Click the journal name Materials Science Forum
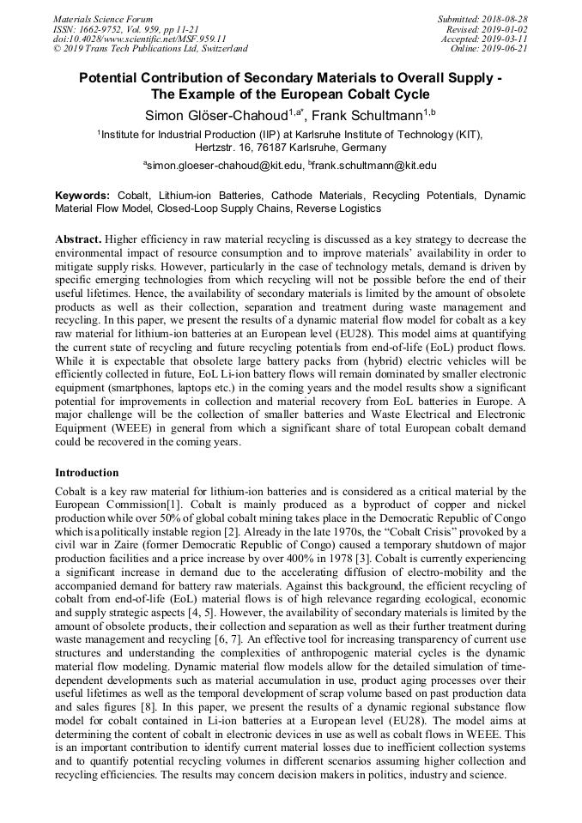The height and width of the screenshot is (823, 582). point(103,18)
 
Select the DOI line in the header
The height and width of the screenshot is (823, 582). point(139,39)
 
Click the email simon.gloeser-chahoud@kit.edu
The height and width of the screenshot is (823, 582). point(225,165)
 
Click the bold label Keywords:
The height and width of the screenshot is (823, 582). point(82,196)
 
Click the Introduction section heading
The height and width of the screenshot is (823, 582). point(87,472)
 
